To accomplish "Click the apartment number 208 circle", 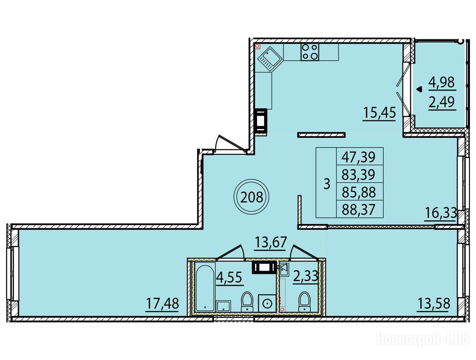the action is tap(252, 197).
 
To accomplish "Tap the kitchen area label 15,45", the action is tap(379, 113).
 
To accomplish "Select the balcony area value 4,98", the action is tap(442, 82).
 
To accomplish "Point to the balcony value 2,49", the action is tap(442, 102).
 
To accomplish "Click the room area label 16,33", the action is tap(440, 214).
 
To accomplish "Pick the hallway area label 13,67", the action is tap(271, 242).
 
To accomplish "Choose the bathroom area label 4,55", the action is tap(229, 277).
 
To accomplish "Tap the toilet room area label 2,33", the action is tap(305, 277).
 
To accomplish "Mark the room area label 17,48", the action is tap(162, 303).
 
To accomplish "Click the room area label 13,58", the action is tap(433, 303).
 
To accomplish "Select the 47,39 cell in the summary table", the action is tap(358, 157).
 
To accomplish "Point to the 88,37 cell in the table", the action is tap(358, 209).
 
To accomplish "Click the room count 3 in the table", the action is tap(327, 184).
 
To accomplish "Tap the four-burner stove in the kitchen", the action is tap(310, 52).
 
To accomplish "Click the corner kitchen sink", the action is tap(270, 60).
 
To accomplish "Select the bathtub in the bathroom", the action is tap(205, 287).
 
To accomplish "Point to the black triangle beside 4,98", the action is tap(420, 90).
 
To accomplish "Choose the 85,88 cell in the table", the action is tap(358, 192).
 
